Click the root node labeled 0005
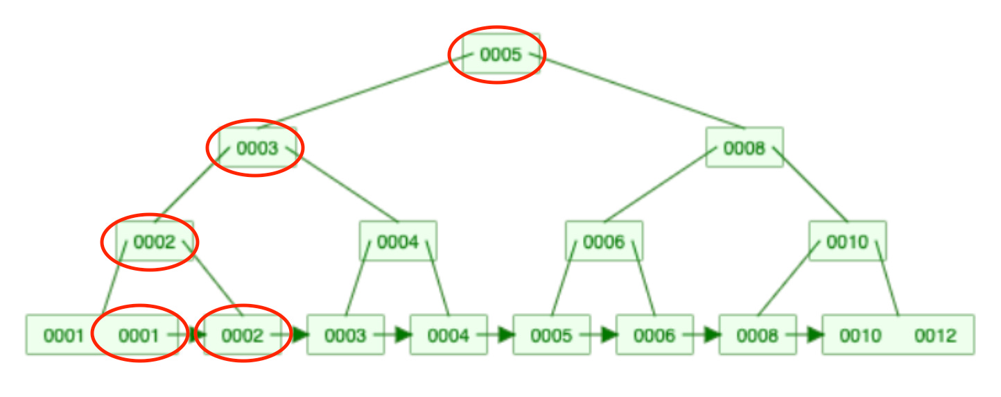(500, 54)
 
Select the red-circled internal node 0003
(257, 148)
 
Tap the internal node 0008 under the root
(744, 147)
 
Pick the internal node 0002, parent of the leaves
(153, 242)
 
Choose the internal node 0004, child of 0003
(398, 242)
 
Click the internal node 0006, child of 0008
(604, 242)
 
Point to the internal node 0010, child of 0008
(847, 242)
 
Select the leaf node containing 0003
(345, 335)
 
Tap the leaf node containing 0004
(449, 335)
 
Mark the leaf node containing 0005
(552, 335)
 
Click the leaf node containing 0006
(654, 335)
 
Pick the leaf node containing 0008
(758, 335)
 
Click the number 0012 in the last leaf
(935, 336)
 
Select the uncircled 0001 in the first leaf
(63, 336)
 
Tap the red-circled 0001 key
(139, 336)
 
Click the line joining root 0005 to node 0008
(638, 92)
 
